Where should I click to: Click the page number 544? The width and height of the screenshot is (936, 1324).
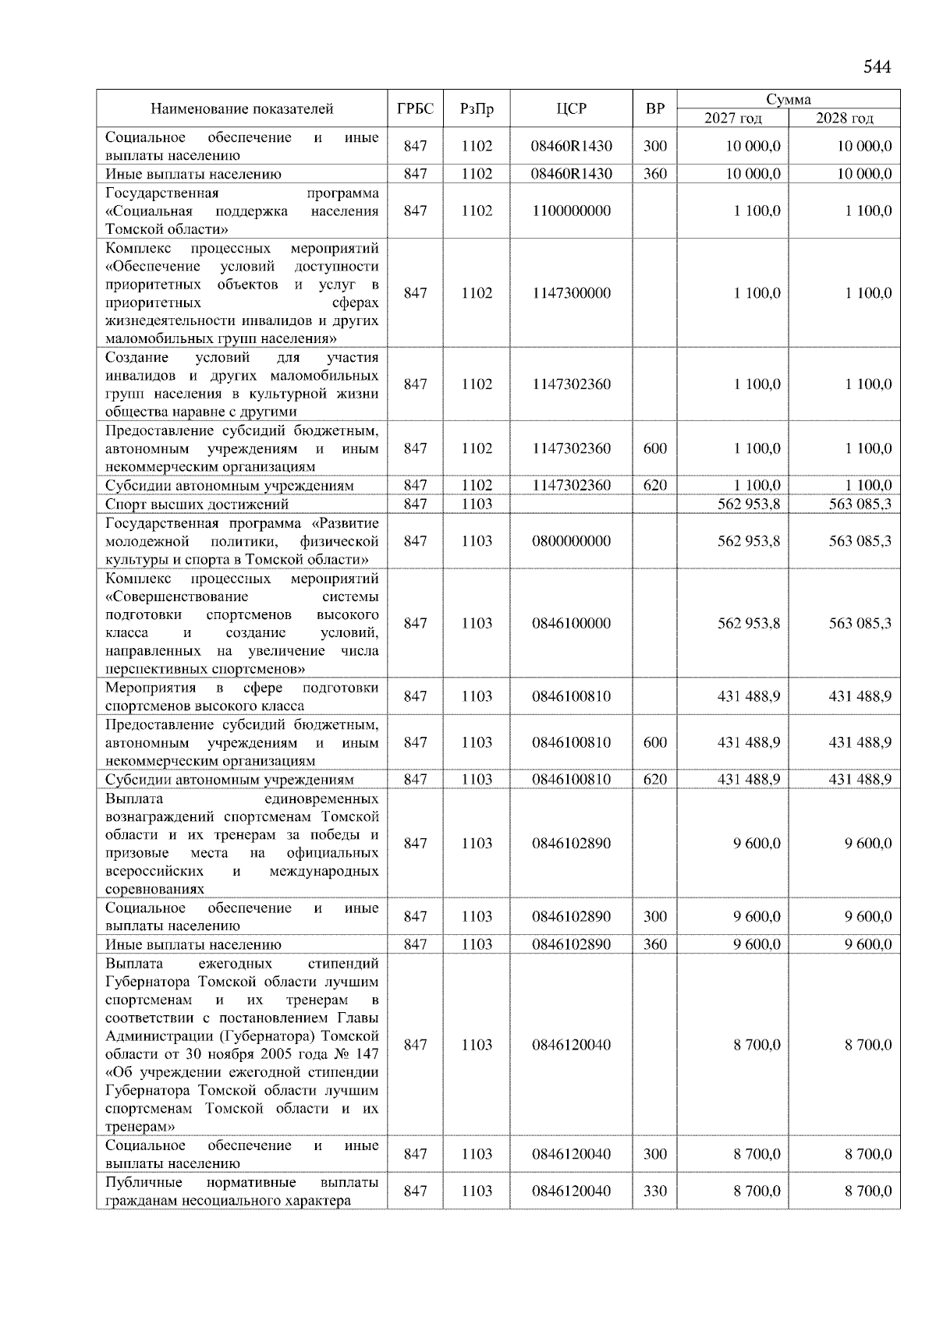pos(877,67)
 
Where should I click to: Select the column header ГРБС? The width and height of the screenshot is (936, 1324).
pos(415,108)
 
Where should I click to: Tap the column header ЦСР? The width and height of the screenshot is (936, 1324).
pos(571,108)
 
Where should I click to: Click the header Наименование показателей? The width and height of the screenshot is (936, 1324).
pos(242,108)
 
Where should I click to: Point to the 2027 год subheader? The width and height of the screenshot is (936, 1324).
pos(732,119)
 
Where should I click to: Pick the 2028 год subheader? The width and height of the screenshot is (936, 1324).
pos(844,119)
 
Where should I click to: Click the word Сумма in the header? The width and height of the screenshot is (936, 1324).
pos(788,99)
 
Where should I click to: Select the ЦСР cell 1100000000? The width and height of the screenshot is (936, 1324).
pos(571,211)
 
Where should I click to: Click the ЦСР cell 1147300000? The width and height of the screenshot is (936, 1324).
pos(571,293)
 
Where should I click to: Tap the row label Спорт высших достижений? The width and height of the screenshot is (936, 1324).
pos(197,504)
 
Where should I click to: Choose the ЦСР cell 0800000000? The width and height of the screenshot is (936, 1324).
pos(571,541)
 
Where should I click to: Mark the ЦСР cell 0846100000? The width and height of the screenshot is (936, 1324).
pos(571,623)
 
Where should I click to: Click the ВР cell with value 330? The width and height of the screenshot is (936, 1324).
pos(655,1191)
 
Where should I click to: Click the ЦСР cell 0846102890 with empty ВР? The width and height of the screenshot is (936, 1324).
pos(571,843)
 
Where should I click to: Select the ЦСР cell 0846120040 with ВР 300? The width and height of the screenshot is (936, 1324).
pos(571,1154)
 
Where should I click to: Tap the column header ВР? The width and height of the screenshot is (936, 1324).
pos(655,108)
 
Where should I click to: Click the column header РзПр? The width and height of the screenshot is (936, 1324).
pos(477,108)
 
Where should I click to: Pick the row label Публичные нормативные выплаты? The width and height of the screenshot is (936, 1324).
pos(242,1191)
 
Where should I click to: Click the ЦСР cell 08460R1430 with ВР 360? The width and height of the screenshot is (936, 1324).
pos(571,174)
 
